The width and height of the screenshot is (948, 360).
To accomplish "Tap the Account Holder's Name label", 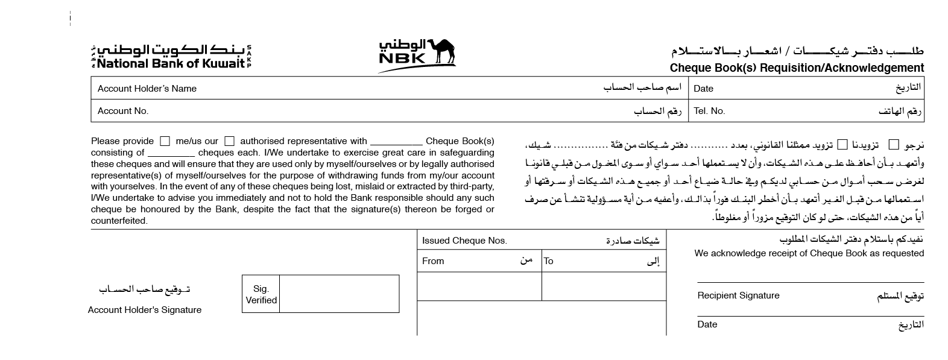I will [x=147, y=89].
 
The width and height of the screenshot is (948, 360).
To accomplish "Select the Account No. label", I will [x=123, y=111].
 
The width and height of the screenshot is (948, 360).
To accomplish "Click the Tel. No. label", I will [x=709, y=111].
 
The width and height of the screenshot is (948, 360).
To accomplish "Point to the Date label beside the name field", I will [x=703, y=89].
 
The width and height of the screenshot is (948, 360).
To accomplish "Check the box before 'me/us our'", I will [x=165, y=141].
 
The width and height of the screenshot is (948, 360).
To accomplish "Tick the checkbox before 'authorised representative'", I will [x=229, y=141].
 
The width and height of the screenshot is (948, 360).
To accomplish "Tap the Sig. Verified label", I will [x=261, y=294].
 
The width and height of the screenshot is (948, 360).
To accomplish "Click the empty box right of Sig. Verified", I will [x=339, y=294].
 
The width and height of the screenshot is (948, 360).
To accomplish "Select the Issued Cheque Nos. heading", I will [x=464, y=241].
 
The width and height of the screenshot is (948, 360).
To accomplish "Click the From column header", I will [x=433, y=261].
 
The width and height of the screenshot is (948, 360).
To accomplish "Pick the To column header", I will [x=548, y=261].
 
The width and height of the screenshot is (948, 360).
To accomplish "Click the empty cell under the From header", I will [x=479, y=286].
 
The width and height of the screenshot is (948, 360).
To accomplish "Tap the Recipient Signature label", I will [x=738, y=295].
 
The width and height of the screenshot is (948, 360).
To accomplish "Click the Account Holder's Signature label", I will [x=145, y=310].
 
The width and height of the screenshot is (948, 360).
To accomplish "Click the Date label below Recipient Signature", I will [x=707, y=324].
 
